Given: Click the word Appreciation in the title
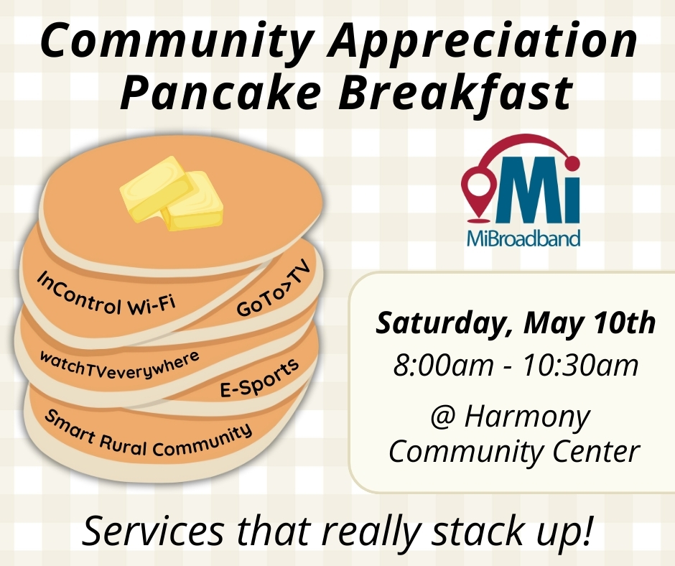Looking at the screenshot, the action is click(482, 42).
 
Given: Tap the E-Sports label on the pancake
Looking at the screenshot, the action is click(259, 378).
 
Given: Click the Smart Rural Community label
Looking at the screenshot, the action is click(148, 435).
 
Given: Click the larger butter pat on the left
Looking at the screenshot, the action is click(156, 189).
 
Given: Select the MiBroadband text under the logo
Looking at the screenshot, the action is click(523, 238).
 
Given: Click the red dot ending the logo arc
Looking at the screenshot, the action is click(572, 162).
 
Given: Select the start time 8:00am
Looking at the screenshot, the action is click(443, 366).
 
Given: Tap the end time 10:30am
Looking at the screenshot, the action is click(580, 366).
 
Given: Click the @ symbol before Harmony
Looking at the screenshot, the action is click(443, 418).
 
